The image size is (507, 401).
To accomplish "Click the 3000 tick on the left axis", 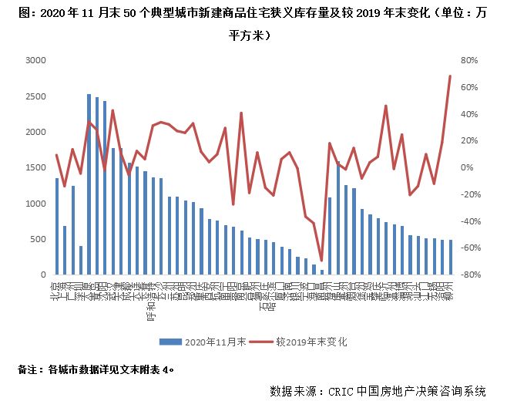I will [x=35, y=60].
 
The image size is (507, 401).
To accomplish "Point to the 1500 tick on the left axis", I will [x=35, y=167].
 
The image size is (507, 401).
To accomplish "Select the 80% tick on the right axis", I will [x=470, y=60].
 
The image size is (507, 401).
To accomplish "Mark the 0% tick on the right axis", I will [x=467, y=167].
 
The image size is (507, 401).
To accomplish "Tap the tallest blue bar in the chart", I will [x=89, y=185].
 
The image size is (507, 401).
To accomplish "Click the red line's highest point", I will [x=450, y=76].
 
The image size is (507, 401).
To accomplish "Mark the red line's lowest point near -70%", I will [x=321, y=261].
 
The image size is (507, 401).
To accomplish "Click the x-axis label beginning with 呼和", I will [x=153, y=307].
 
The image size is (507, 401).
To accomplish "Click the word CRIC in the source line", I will [x=341, y=391].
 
